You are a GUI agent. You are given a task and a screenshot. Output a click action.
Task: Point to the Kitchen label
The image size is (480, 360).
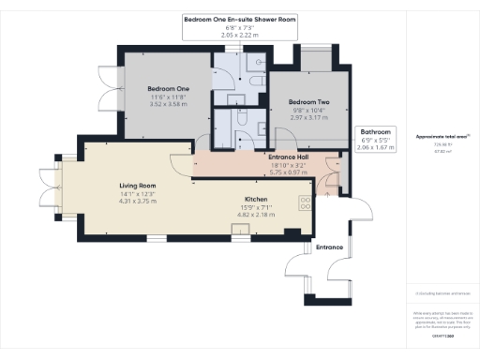point(258,200)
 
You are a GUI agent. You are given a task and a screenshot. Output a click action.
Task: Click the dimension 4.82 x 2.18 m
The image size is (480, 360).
point(258,215)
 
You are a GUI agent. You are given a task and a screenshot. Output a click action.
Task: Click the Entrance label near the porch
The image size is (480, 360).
point(329,247)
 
